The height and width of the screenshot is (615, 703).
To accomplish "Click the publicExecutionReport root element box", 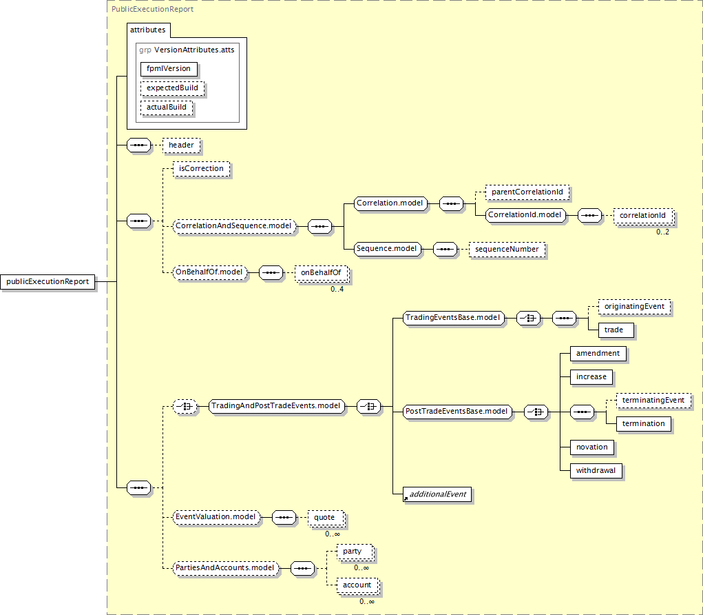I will tap(48, 281).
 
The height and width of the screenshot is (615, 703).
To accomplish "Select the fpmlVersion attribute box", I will tap(169, 69).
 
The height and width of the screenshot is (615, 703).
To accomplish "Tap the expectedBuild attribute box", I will tap(172, 89).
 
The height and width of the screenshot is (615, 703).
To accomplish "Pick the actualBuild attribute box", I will tap(166, 108).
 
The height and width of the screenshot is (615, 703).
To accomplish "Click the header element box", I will tap(181, 145).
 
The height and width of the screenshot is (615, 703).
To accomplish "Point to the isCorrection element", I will tap(200, 168).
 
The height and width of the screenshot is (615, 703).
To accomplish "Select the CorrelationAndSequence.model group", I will tap(234, 225).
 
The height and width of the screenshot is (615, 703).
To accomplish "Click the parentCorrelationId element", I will tap(528, 191).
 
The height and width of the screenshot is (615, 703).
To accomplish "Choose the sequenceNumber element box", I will tap(506, 249).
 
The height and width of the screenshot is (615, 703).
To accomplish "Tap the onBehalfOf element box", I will tap(320, 273).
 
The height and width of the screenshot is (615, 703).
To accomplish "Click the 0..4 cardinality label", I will tap(337, 289).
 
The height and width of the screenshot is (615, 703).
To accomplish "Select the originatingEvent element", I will tap(633, 305).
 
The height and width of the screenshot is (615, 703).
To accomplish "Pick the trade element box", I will tap(613, 330).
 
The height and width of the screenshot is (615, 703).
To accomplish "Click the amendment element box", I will tap(598, 353).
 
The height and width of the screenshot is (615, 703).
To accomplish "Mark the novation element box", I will tap(591, 447).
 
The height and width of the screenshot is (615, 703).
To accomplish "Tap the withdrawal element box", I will tap(596, 470).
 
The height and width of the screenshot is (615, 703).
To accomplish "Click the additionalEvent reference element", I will tap(439, 494).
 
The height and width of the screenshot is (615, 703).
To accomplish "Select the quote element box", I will tap(324, 517).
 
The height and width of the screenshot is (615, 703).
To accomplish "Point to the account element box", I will tap(357, 585).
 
